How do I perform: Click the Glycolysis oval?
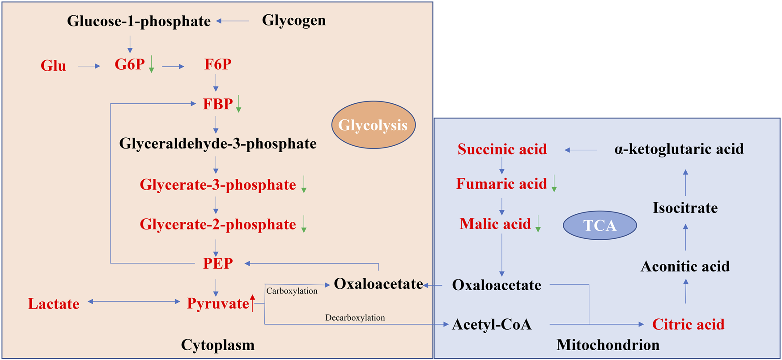[373, 125]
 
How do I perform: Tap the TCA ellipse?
[599, 225]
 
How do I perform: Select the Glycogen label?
[293, 20]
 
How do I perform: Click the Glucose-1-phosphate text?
[139, 21]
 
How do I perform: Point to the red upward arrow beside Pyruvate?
[253, 303]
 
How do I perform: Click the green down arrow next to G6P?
[151, 64]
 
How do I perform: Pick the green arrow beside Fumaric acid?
[554, 183]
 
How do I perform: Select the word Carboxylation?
[292, 291]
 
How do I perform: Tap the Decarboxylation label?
[355, 318]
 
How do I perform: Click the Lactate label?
[54, 304]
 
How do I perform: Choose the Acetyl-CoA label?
[492, 324]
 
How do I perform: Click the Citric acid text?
[688, 324]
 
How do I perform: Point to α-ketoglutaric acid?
[679, 149]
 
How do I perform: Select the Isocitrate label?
[685, 208]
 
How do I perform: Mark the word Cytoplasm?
[218, 345]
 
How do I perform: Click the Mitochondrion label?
[608, 345]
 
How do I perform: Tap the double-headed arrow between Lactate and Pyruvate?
[134, 302]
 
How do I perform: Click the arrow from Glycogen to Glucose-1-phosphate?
[233, 21]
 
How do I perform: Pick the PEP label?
[218, 263]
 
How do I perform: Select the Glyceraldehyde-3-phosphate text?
[218, 144]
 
